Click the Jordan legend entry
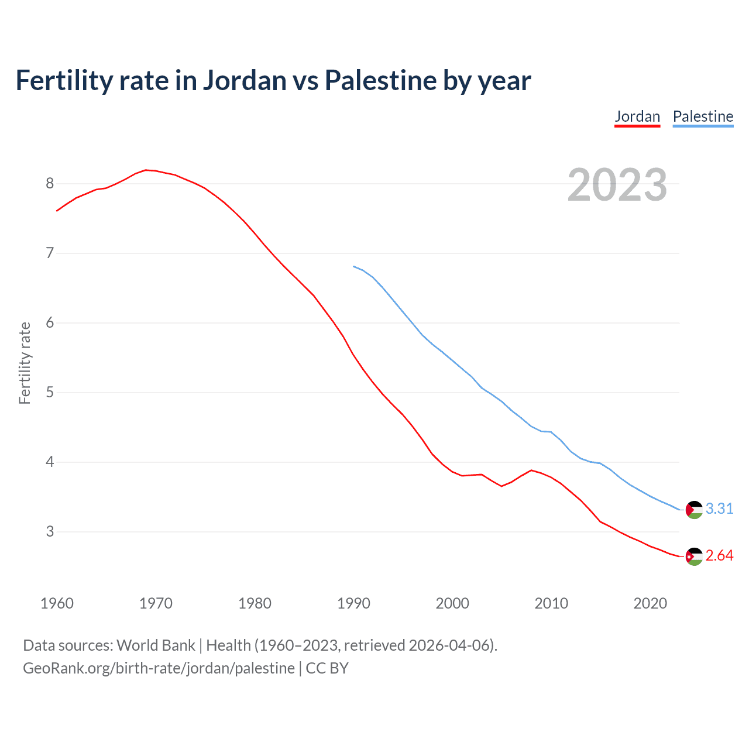click(x=637, y=116)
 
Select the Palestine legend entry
click(x=703, y=116)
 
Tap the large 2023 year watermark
click(x=617, y=185)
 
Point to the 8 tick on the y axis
click(x=50, y=184)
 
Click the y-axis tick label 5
click(x=50, y=393)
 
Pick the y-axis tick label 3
click(x=50, y=532)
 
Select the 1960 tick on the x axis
click(x=57, y=603)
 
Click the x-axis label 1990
click(x=353, y=603)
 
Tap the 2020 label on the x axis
click(x=650, y=603)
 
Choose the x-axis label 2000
click(x=452, y=603)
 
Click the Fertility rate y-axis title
click(x=25, y=363)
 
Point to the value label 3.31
click(x=719, y=509)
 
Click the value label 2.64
click(x=719, y=556)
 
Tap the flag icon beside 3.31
click(x=694, y=510)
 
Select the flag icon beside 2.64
click(x=694, y=556)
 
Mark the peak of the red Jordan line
click(x=146, y=170)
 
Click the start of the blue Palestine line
click(x=353, y=266)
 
